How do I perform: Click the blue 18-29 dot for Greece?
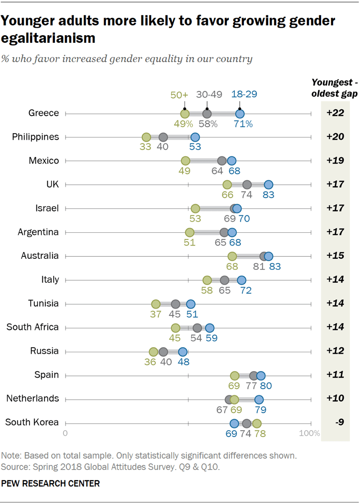coord(240,114)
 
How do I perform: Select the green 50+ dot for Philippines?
coord(146,138)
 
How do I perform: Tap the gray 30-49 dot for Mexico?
coord(222,161)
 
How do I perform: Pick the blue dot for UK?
coord(268,185)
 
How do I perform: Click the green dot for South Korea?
coord(257,423)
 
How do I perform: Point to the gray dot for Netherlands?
coord(229,399)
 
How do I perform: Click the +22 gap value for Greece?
coord(335,113)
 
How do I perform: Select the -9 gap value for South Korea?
coord(335,423)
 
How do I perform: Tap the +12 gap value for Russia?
coord(335,351)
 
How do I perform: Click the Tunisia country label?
coord(43,303)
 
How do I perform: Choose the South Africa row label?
coord(33,327)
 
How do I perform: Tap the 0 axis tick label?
coord(66,433)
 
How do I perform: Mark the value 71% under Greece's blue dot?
coord(243,124)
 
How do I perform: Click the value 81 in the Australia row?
coord(258,267)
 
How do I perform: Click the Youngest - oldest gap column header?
coord(334,88)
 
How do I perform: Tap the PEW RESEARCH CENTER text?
coord(51,483)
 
